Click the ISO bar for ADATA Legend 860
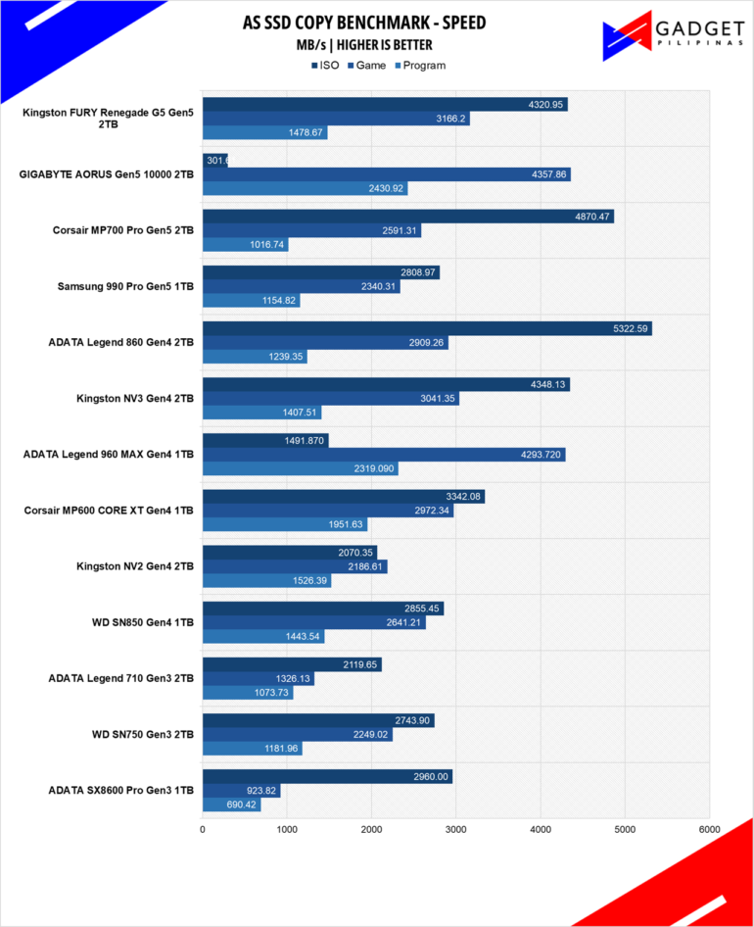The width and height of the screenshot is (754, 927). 426,329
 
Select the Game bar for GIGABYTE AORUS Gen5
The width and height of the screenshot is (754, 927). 386,174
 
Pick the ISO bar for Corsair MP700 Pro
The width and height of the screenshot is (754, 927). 407,217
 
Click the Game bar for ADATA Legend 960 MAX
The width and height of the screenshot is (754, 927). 383,455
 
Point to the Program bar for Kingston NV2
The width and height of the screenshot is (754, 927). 266,581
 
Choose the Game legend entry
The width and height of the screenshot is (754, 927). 364,66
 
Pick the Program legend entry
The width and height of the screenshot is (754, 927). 419,66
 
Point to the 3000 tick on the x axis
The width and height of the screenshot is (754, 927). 455,829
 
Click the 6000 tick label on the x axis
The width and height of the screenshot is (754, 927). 709,829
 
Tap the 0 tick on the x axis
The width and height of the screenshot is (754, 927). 203,829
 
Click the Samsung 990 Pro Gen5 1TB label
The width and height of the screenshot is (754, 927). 126,287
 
